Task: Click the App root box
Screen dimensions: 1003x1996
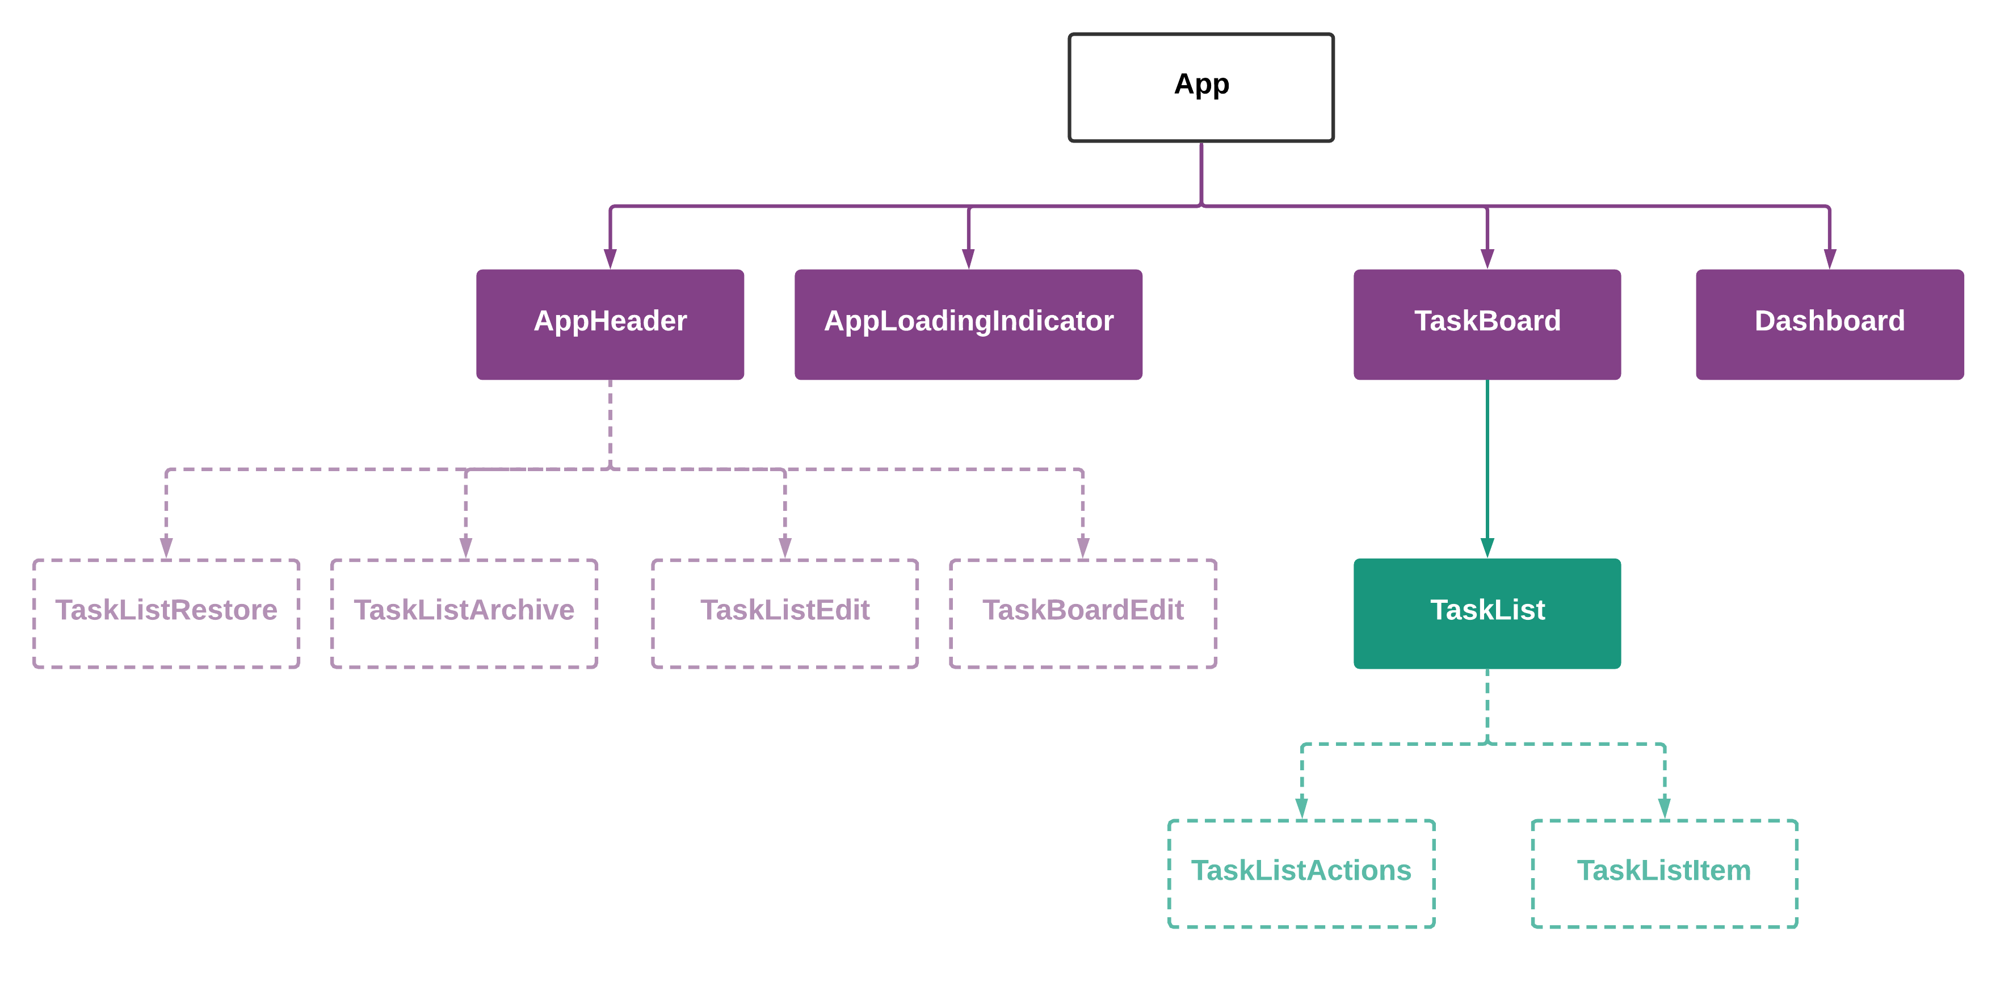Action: [x=1200, y=87]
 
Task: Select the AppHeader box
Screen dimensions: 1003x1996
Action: [x=610, y=324]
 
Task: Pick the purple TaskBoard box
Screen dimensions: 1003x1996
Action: [x=1486, y=324]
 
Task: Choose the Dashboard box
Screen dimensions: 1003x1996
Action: [x=1829, y=324]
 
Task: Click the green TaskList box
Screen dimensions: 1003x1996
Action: [x=1486, y=613]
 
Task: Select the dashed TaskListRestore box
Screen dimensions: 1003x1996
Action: [x=166, y=613]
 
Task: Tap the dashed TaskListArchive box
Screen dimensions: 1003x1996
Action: [x=464, y=613]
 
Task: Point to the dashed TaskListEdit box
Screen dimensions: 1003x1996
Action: [x=784, y=613]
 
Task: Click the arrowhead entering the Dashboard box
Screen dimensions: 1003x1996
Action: [x=1829, y=259]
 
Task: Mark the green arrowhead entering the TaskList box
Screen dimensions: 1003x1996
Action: [x=1487, y=547]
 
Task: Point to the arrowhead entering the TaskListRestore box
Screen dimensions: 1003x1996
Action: [x=166, y=547]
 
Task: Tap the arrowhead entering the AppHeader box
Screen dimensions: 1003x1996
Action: [x=610, y=259]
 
